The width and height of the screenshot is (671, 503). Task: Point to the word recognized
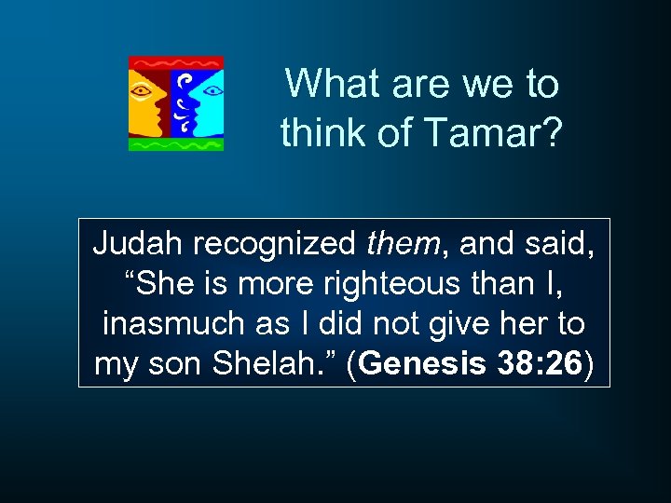coord(267,245)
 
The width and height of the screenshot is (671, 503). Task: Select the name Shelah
coord(281,364)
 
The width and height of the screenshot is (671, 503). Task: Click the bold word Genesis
coord(418,364)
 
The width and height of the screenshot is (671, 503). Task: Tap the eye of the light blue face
coord(210,91)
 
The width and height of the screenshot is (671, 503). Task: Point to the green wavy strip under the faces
coord(176,144)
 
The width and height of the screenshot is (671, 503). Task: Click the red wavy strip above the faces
coord(176,62)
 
